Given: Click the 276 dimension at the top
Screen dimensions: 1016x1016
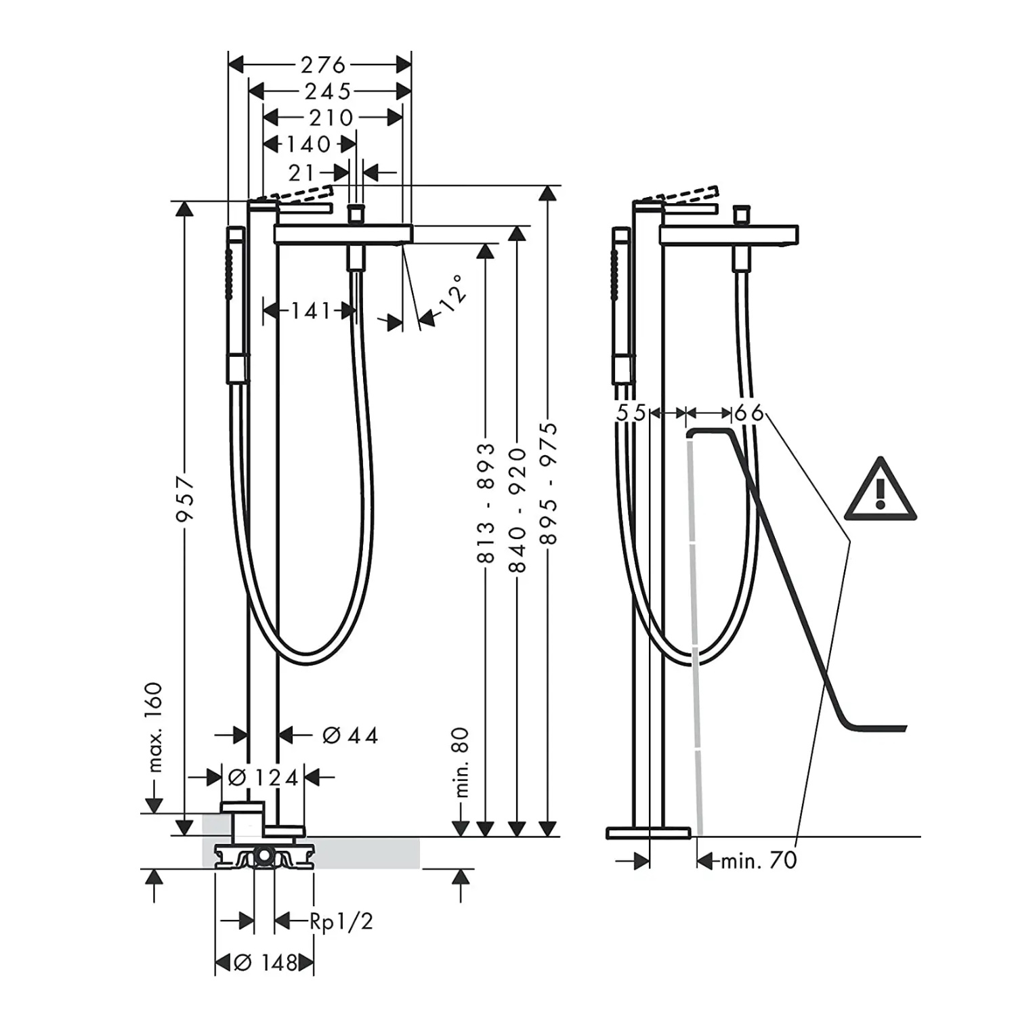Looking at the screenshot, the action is pos(323,65).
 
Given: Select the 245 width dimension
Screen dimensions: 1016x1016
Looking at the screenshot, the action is pos(328,91).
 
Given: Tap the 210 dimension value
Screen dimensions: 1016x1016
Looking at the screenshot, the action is pos(331,117).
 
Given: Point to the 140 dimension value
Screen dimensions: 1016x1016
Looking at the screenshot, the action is pos(308,144).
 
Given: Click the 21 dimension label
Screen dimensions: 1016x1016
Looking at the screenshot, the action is pos(301,173).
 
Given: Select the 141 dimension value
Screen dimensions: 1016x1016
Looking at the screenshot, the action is pos(311,311).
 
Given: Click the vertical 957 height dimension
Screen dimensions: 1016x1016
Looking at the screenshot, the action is pos(185,499).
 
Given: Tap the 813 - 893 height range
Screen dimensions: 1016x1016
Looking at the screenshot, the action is pos(487,505).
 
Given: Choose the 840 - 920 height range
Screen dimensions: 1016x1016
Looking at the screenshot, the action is pos(518,510).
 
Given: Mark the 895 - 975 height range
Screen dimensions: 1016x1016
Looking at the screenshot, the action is pos(549,483).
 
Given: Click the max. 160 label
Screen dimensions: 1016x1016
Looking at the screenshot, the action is pos(155,727).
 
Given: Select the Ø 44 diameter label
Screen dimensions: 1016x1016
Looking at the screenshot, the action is pos(350,735).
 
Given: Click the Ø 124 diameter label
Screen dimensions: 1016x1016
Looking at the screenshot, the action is pos(263,778).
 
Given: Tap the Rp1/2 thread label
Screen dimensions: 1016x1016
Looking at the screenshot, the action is pos(341,921).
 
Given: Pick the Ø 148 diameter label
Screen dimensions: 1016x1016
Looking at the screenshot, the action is pos(266,962).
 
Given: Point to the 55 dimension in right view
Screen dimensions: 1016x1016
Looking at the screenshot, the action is pos(631,412).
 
